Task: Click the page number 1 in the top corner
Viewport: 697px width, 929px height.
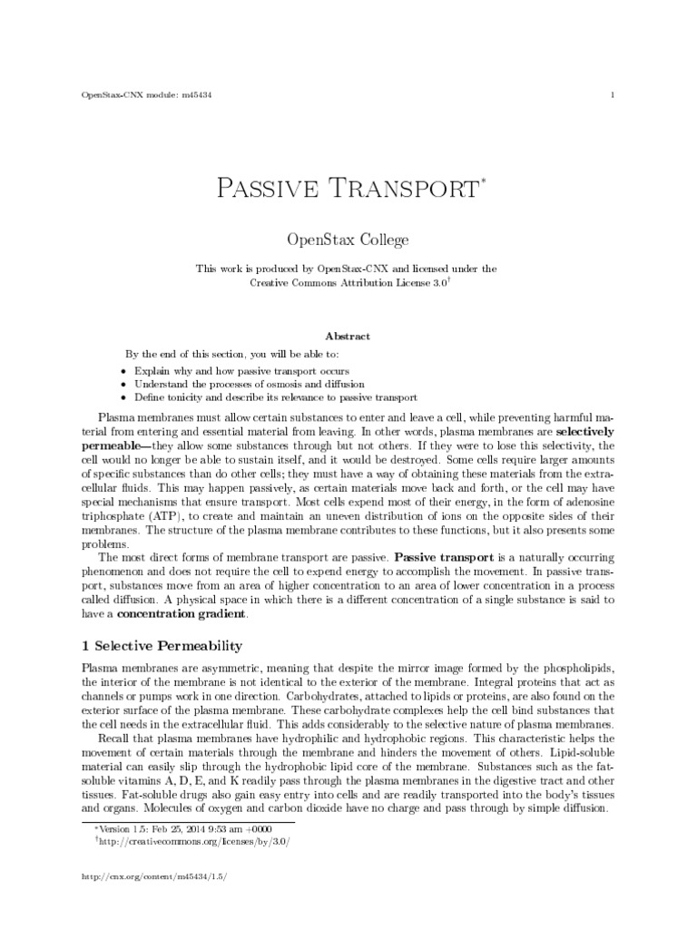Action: point(614,95)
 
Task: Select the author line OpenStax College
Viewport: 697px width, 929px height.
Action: point(348,240)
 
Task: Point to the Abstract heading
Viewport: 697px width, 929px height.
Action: point(348,336)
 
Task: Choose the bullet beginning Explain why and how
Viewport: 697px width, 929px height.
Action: point(241,372)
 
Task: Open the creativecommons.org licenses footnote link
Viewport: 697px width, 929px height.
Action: point(194,841)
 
